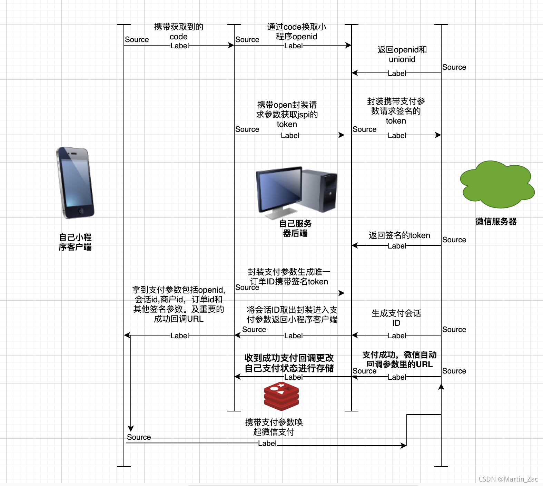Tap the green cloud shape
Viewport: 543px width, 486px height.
497,185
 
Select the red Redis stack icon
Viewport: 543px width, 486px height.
281,396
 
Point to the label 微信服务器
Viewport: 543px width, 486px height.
496,222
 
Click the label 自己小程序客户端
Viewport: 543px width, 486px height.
75,242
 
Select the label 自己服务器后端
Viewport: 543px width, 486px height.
295,228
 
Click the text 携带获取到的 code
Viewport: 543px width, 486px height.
178,32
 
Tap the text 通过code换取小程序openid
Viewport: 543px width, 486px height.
296,32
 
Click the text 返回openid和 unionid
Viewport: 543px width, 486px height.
402,55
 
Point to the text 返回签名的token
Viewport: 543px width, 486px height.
399,235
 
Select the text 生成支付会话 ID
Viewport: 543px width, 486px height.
396,318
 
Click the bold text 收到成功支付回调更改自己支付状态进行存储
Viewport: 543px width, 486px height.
289,363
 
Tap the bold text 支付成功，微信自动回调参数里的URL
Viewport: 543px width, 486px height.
399,359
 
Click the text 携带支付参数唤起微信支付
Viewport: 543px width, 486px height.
274,427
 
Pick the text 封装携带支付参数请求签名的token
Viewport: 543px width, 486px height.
396,111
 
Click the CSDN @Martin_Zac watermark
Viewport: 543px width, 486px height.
508,479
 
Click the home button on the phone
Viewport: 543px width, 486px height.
81,211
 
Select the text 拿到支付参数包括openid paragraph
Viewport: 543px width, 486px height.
178,304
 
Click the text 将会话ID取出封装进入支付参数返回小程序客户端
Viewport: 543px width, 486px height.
292,314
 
